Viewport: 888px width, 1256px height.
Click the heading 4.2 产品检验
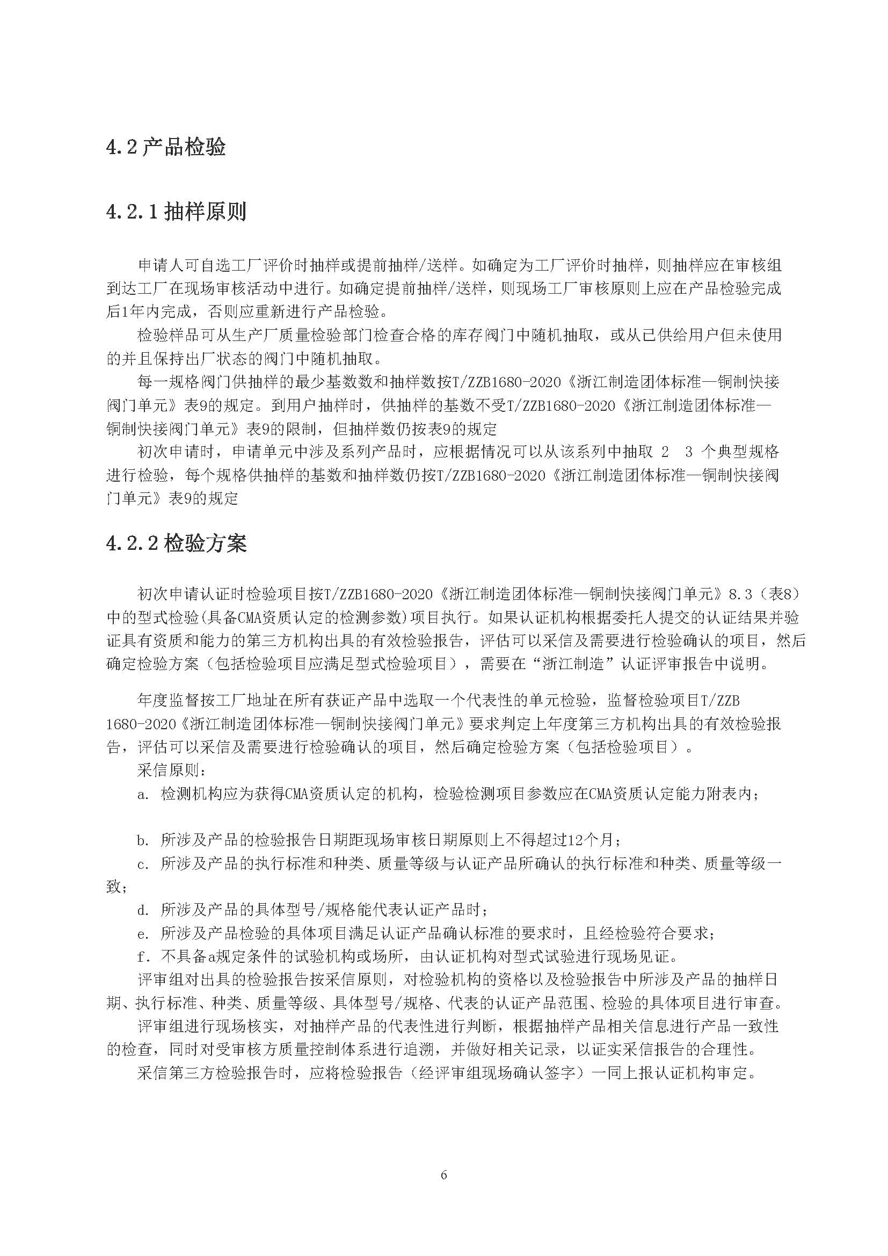tap(166, 148)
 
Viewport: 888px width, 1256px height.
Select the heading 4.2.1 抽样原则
tap(176, 212)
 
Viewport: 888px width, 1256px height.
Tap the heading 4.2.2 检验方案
tap(176, 544)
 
